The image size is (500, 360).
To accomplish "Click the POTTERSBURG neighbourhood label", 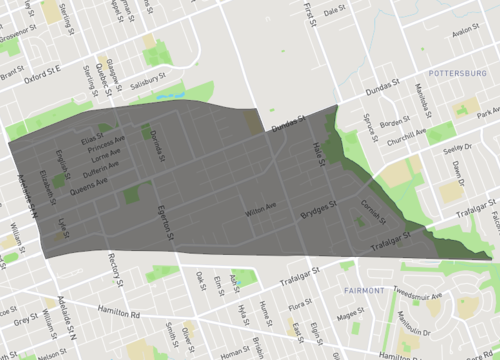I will (455, 74).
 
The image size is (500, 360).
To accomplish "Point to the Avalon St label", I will (467, 30).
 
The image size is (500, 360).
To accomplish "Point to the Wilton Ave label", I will (261, 212).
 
